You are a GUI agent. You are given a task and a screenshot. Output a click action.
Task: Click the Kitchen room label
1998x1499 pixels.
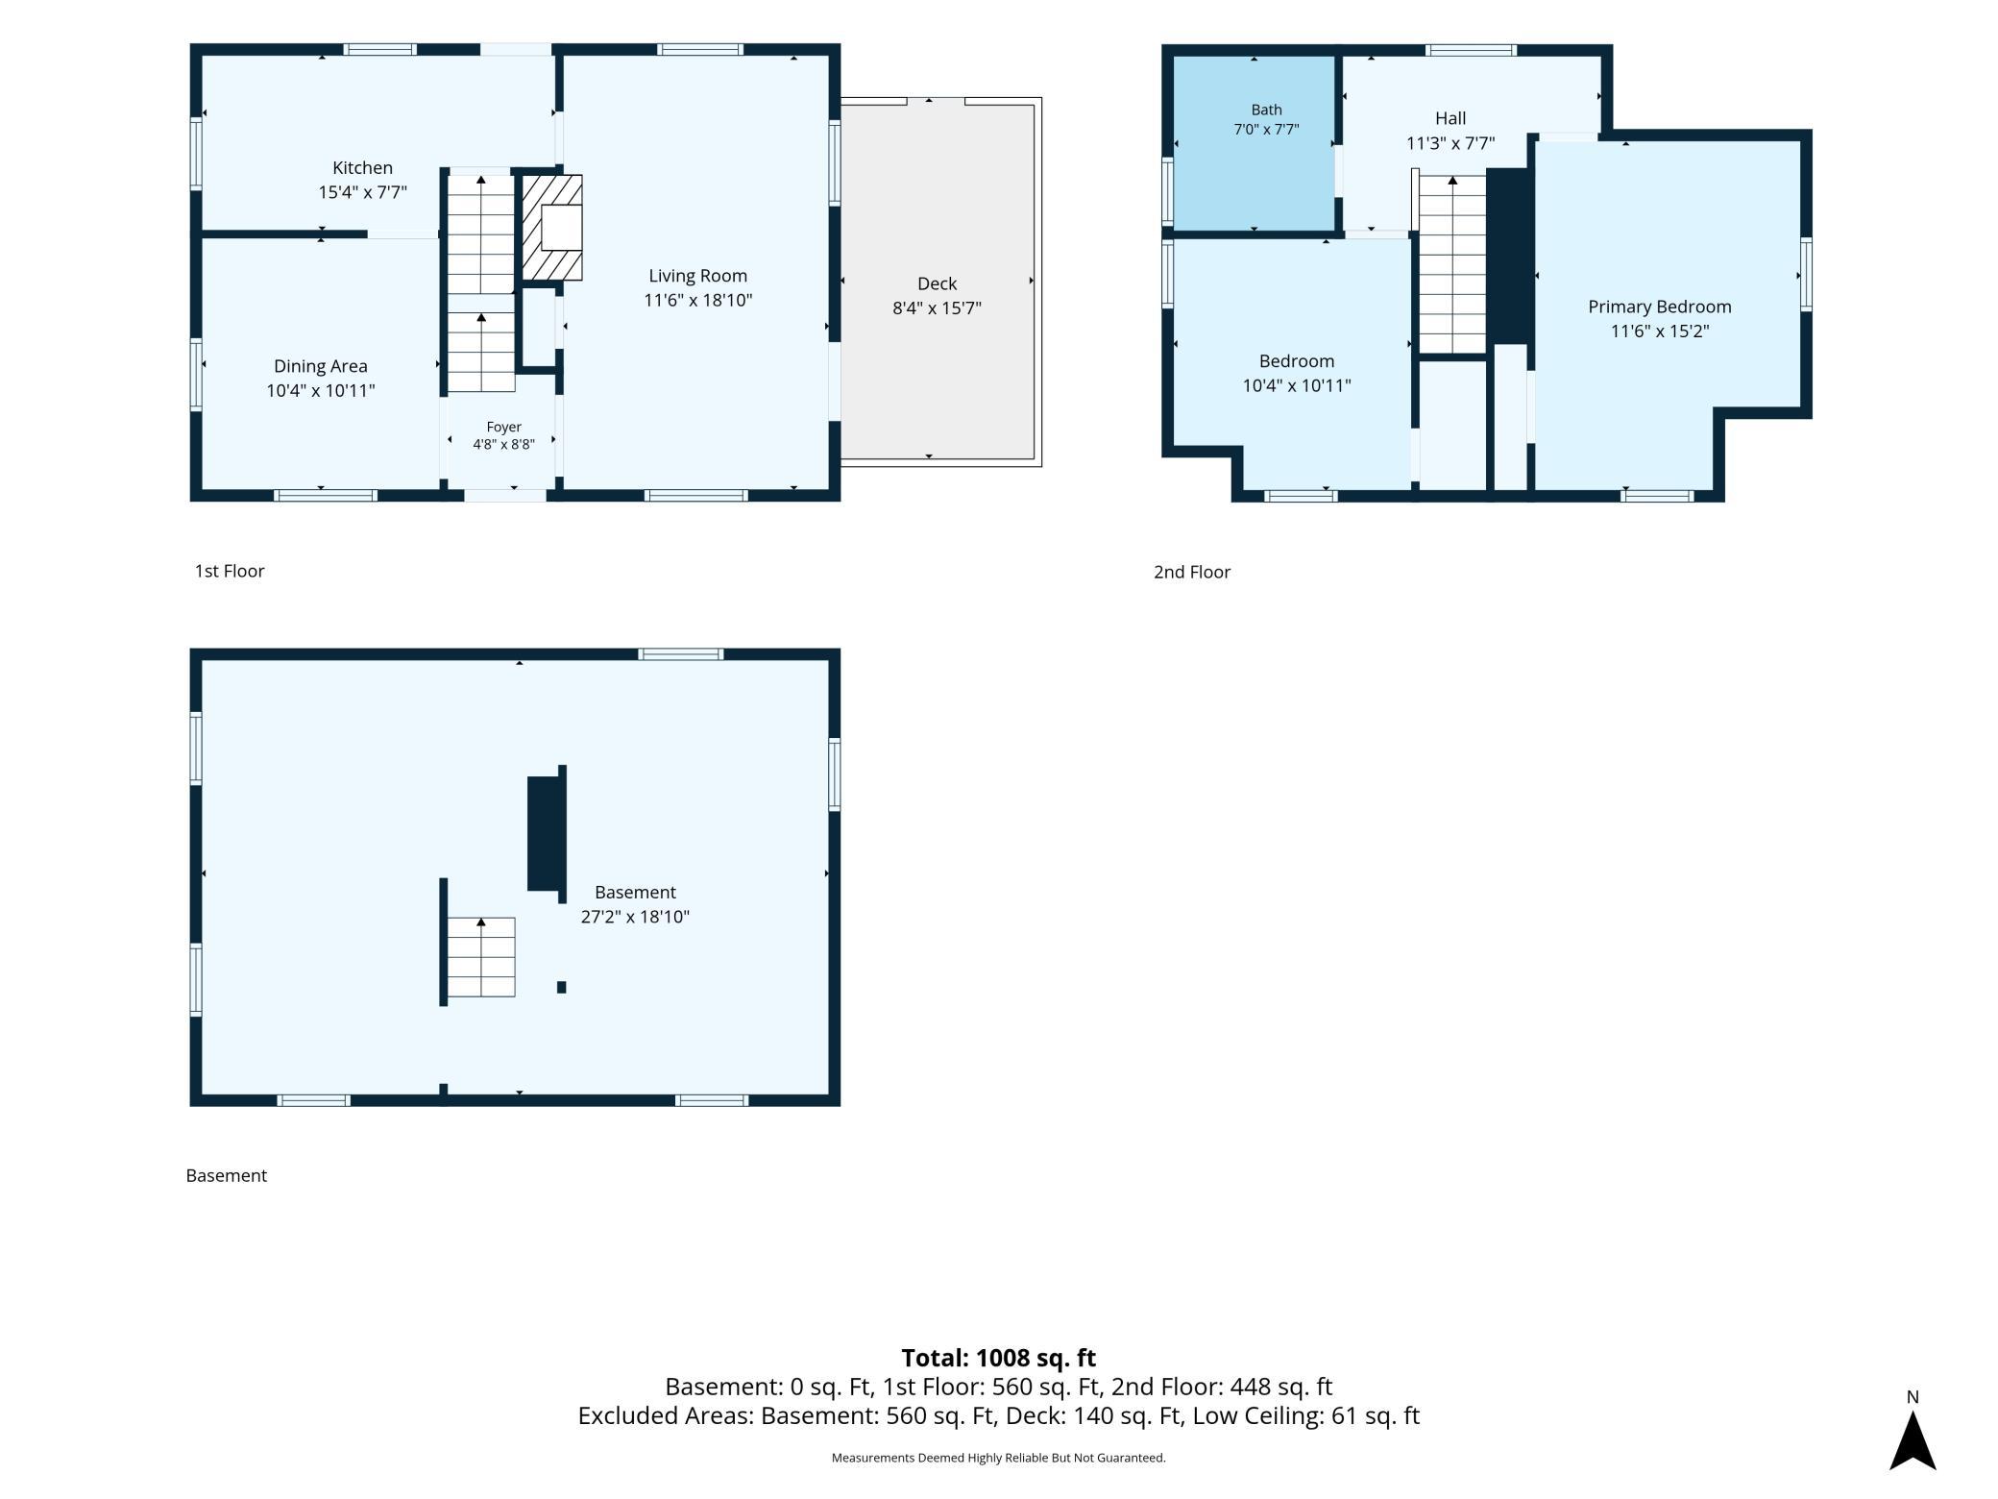point(362,168)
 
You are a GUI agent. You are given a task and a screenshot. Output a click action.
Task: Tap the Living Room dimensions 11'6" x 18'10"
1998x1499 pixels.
point(697,300)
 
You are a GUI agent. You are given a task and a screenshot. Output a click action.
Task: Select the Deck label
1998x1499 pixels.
point(937,283)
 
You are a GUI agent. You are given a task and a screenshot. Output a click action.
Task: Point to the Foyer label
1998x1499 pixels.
point(503,427)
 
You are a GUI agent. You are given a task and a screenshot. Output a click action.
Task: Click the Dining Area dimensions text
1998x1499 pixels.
point(320,390)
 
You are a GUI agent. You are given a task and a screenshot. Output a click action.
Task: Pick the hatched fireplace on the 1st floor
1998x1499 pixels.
point(552,228)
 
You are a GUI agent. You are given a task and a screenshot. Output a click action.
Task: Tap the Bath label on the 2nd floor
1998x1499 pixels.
point(1266,110)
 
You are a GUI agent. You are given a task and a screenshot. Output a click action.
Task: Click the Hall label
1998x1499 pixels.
point(1450,118)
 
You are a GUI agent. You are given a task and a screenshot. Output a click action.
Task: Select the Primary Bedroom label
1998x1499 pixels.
point(1659,307)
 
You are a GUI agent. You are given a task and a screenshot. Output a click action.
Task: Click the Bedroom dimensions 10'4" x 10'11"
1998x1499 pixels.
point(1296,385)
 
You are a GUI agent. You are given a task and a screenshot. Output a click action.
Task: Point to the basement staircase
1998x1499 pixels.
point(481,957)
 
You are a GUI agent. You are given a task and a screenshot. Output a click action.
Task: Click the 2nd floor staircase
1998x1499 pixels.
point(1452,264)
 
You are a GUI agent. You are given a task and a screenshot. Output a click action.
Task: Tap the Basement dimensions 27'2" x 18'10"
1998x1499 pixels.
point(635,917)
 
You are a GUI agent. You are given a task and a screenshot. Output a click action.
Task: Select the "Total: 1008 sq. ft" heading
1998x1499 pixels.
point(998,1358)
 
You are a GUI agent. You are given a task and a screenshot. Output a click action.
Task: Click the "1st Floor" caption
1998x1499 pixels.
point(230,571)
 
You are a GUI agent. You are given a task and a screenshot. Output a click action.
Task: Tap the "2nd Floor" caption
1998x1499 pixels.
point(1191,572)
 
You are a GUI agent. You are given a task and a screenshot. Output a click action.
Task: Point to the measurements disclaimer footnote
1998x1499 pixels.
point(998,1458)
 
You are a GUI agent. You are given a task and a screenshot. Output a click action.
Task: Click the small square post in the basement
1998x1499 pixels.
point(562,987)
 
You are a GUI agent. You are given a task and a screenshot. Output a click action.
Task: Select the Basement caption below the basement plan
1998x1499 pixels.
point(226,1175)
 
